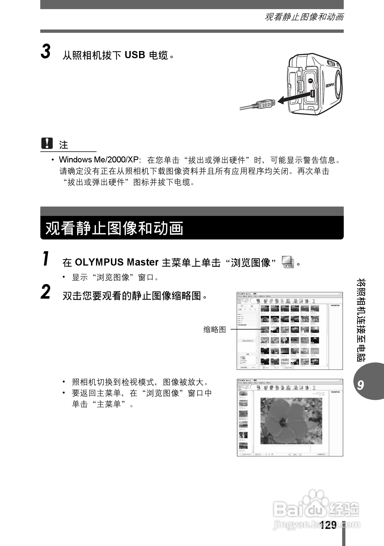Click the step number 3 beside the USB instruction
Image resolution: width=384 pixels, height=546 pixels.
(x=46, y=52)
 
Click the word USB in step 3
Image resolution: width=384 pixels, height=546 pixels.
(x=135, y=55)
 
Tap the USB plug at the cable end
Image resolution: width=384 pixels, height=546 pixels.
(x=265, y=105)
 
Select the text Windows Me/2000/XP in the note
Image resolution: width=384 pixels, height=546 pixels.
(x=98, y=160)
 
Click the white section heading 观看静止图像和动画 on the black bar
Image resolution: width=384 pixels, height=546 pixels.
(x=114, y=228)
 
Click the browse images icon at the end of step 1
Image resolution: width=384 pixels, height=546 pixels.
(x=288, y=262)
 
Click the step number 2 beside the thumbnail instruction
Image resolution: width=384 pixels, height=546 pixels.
(x=46, y=292)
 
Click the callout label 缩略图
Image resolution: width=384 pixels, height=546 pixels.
(x=214, y=329)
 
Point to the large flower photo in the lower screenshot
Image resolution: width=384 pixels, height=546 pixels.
(x=291, y=421)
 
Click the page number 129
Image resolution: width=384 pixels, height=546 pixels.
(x=328, y=525)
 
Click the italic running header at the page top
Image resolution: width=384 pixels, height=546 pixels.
(x=304, y=17)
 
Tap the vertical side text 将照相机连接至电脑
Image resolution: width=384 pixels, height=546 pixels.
(x=361, y=320)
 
